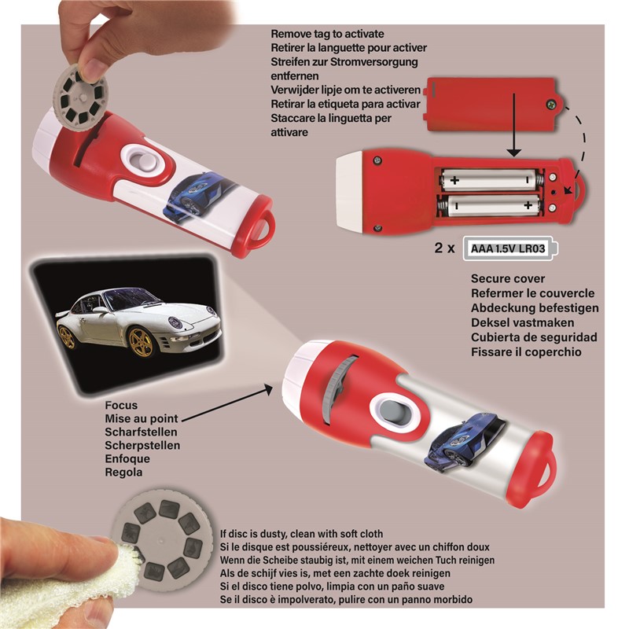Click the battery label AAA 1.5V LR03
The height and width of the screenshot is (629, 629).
(507, 248)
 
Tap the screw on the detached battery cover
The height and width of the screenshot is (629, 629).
(552, 105)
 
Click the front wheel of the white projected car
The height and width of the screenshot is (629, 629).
(142, 343)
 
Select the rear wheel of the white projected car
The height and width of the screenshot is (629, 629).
(67, 337)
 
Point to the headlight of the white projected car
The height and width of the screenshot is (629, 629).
(175, 322)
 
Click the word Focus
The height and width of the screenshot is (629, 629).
(121, 405)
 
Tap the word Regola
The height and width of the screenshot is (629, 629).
(123, 473)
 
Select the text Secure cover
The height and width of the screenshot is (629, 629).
(508, 279)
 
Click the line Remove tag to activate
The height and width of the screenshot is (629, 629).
(327, 34)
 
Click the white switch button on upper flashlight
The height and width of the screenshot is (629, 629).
(143, 163)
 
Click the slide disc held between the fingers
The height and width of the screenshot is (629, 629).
(80, 98)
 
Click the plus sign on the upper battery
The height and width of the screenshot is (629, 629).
(454, 180)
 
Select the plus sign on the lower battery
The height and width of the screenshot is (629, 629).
(528, 205)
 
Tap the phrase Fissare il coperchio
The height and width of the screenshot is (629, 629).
(526, 352)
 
